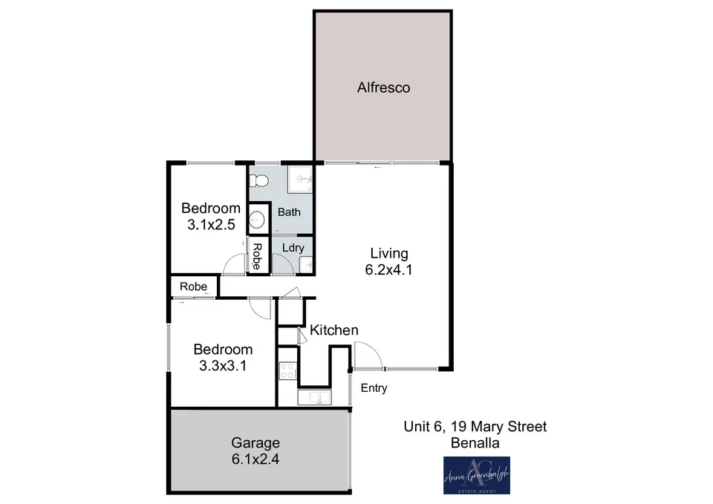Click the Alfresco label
click(x=383, y=88)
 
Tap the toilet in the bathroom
click(x=258, y=180)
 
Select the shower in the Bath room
click(x=301, y=179)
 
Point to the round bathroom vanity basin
click(x=257, y=219)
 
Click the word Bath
click(x=289, y=212)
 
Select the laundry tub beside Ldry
click(x=307, y=264)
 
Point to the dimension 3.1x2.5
click(x=212, y=223)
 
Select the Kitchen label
click(x=334, y=330)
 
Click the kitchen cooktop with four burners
click(x=287, y=370)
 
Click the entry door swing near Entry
click(x=368, y=355)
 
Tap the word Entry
click(x=374, y=388)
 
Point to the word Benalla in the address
click(x=475, y=443)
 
